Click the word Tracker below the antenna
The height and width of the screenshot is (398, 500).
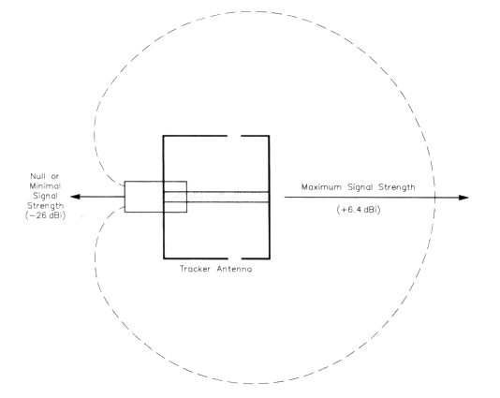coord(195,269)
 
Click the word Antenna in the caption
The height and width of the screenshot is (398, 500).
coord(234,269)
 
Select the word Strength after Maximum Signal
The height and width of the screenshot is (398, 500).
coord(397,187)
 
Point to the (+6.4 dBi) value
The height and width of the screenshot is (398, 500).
coord(359,210)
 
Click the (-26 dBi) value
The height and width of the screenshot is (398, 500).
coord(45,215)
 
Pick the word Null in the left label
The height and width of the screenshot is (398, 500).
coord(36,176)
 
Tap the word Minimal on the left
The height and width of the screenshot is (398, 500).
coord(45,186)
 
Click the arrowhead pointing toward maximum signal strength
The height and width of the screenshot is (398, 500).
coord(463,198)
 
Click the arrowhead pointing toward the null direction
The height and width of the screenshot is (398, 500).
coord(75,197)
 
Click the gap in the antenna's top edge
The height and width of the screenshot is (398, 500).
coord(234,136)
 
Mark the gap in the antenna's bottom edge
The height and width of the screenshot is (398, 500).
coord(235,258)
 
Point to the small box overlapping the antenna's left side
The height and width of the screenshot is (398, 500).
coord(155,197)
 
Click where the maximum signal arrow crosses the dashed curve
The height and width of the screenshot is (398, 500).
coord(435,198)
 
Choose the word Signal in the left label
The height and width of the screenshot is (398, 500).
coord(45,196)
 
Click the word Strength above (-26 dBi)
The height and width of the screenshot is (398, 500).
coord(45,206)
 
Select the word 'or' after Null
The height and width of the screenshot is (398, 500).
coord(55,177)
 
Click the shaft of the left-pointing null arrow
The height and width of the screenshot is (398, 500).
coord(102,197)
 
